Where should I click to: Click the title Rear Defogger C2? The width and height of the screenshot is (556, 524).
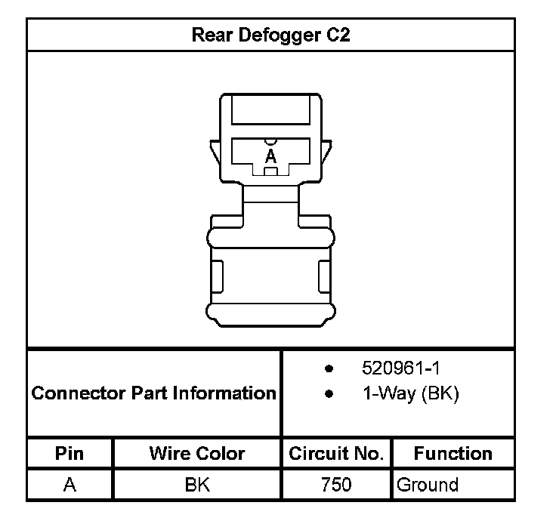tap(270, 35)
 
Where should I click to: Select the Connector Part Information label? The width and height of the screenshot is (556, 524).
tap(154, 393)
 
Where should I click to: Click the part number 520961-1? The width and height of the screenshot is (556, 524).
tap(400, 369)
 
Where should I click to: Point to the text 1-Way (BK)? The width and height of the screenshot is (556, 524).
tap(410, 394)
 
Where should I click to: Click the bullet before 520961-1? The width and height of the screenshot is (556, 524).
tap(329, 369)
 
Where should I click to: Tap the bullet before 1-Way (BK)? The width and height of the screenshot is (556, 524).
tap(329, 394)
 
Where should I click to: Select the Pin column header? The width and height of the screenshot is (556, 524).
tap(69, 453)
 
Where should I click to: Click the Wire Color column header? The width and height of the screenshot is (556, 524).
tap(196, 453)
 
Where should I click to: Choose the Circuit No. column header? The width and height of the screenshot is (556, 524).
tap(336, 453)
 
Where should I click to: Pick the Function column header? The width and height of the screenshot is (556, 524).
tap(453, 453)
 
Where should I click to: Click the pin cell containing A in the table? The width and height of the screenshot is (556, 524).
tap(69, 484)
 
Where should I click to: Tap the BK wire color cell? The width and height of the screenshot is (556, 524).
tap(196, 484)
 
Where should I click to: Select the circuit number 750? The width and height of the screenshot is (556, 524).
tap(336, 484)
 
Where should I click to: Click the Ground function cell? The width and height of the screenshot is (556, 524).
tap(428, 484)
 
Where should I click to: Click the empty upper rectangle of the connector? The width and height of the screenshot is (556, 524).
tap(270, 110)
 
